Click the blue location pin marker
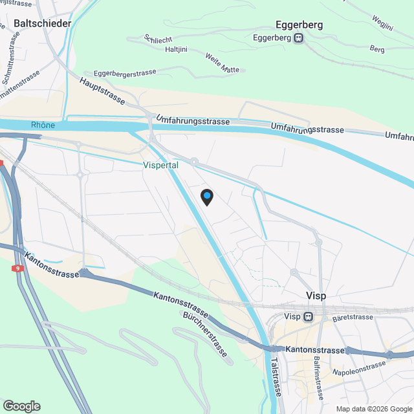206,196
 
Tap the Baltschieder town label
42,23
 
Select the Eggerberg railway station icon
299,38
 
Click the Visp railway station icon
308,317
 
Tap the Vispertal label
160,165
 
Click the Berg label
376,49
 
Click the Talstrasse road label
276,376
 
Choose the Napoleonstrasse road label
359,368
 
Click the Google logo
21,406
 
